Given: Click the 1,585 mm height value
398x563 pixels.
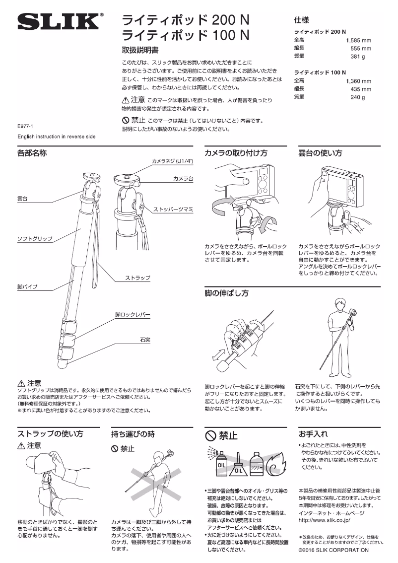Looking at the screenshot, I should coord(358,40).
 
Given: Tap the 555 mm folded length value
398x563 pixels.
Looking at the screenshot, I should coord(361,49).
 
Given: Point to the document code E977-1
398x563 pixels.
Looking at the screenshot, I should coord(25,127).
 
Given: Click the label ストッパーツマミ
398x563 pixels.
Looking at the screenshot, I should coord(173,208).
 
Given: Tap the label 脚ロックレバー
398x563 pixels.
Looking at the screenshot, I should coord(133,315).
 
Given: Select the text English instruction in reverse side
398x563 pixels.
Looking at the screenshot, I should coord(56,136).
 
